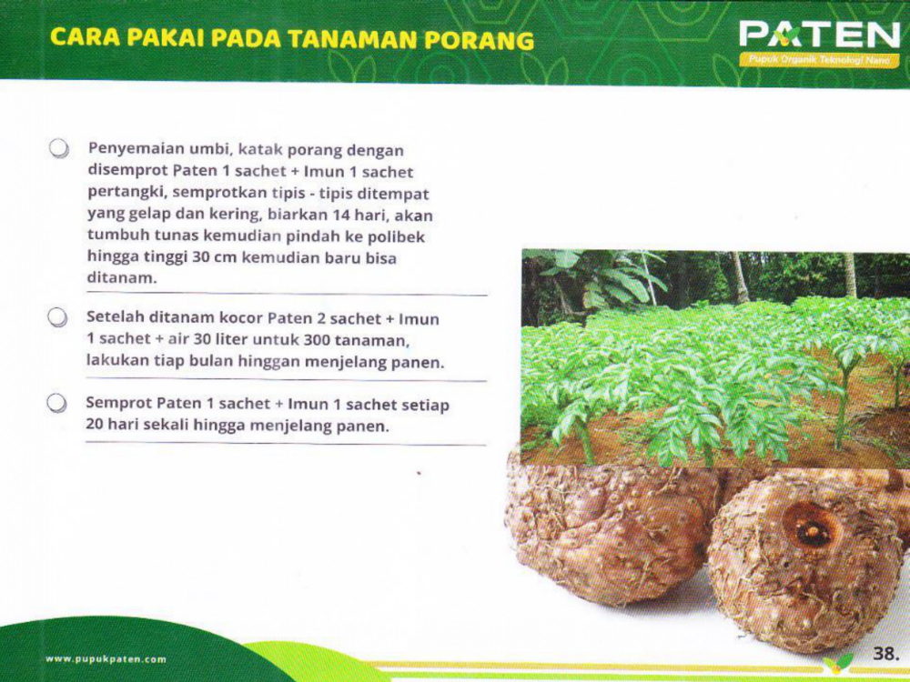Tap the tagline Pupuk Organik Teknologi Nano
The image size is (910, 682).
point(819,60)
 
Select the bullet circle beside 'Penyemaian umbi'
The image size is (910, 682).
point(58,148)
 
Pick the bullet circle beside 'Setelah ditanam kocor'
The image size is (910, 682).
point(57,317)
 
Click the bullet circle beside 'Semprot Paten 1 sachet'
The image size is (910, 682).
point(56,404)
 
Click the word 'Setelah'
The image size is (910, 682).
point(116,317)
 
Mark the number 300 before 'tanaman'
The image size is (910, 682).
point(317,339)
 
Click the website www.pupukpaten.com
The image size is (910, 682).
point(106,658)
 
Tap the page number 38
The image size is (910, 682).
point(885,654)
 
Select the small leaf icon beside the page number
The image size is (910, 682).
point(839,663)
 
